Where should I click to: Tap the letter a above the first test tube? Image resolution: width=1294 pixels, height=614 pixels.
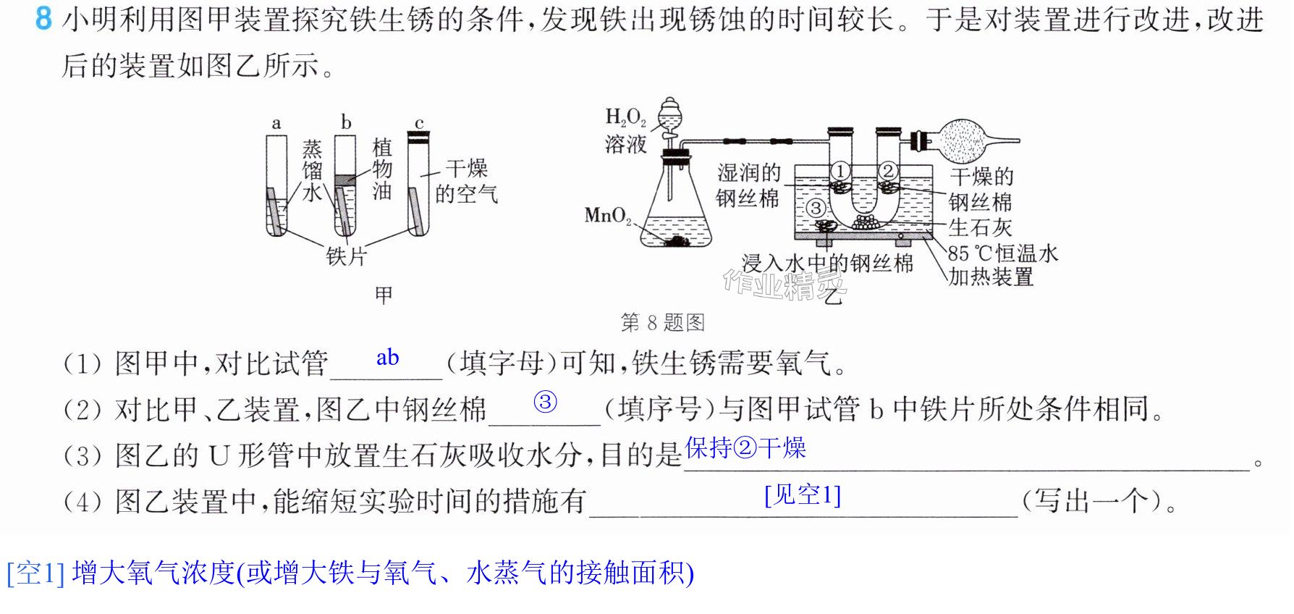coord(276,124)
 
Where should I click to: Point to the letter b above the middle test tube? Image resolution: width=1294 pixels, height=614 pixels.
coord(346,122)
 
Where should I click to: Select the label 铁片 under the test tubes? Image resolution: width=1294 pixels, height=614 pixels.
coord(347,256)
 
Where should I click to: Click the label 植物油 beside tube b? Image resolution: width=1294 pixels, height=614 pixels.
coord(382,169)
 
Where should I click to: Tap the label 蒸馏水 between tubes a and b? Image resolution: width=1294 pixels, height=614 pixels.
coord(312,170)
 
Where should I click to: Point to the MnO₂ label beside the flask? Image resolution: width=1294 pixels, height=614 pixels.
coord(608,216)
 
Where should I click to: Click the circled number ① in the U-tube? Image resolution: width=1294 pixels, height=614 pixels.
coord(839,172)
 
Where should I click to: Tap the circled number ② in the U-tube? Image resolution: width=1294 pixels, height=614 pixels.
coord(888,171)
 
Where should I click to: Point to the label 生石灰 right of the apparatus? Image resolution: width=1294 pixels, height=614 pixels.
coord(980,227)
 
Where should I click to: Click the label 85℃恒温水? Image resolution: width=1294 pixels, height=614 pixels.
coord(1003,253)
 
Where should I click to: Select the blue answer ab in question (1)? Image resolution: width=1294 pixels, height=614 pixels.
coord(388,357)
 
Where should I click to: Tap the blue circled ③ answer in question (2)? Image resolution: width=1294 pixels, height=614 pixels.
coord(546,402)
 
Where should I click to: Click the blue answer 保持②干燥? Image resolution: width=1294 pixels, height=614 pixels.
coord(745,448)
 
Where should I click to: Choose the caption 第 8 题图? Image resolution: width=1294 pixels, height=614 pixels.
coord(663,322)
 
